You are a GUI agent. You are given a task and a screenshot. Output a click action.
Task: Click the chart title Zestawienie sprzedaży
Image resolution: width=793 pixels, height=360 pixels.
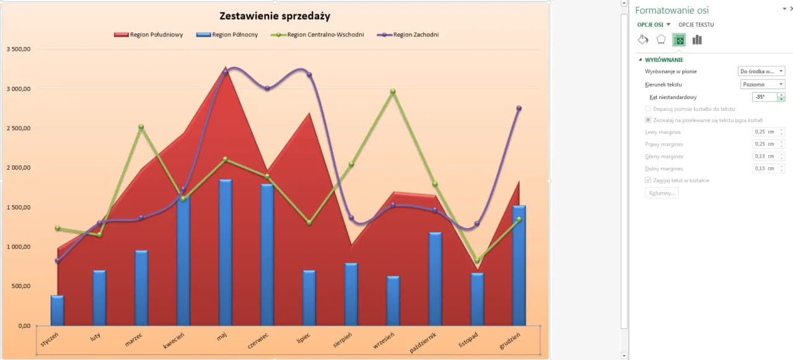coord(275,16)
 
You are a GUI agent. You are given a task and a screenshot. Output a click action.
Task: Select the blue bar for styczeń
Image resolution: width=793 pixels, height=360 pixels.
coord(57,310)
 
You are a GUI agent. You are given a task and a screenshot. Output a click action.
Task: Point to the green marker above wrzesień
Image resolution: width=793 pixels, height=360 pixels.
coord(393,92)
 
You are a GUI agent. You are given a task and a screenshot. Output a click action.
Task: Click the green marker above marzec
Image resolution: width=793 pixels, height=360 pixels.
coord(141,127)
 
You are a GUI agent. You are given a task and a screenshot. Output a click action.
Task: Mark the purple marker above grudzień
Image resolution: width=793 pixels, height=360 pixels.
coord(519,108)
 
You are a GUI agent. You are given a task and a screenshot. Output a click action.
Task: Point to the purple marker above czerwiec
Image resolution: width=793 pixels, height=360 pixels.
coord(267,89)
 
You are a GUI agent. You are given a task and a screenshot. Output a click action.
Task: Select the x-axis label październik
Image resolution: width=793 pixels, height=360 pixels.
coord(424,343)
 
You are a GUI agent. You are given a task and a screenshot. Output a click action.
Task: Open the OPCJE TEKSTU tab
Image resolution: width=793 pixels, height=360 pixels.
coord(696,25)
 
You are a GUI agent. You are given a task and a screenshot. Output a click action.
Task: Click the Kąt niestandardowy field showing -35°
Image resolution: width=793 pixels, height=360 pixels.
coord(764,97)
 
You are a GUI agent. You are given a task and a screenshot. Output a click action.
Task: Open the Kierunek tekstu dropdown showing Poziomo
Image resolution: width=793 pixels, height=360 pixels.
coord(762,84)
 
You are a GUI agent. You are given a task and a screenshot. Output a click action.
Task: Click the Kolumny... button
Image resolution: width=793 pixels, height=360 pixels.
coord(661,193)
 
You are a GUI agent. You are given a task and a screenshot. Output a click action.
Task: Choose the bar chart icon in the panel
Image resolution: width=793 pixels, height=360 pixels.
coord(697,40)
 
